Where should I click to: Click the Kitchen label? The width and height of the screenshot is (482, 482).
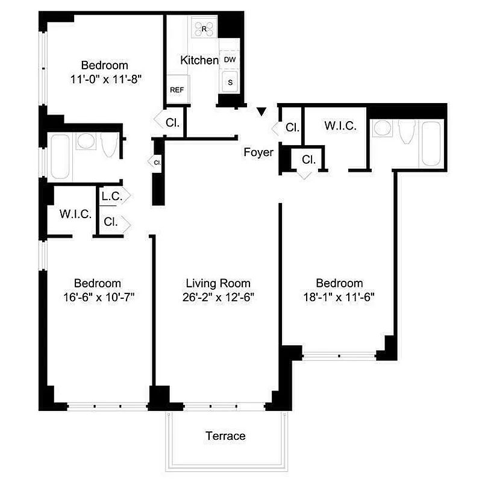(x=199, y=60)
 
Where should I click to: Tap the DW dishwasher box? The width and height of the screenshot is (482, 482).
(x=229, y=60)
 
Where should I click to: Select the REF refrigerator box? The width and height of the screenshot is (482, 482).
(x=177, y=90)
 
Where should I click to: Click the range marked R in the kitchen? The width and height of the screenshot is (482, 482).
(x=204, y=28)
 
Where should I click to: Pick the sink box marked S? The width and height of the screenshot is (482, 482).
(x=229, y=82)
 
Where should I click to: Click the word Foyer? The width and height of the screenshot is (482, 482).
(x=258, y=152)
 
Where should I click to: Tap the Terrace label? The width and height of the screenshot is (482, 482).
(x=225, y=436)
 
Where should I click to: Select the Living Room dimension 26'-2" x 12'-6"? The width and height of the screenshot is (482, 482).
(x=218, y=296)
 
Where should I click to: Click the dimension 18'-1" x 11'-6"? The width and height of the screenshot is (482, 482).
(x=340, y=296)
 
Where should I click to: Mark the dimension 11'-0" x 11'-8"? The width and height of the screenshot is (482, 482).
(x=105, y=78)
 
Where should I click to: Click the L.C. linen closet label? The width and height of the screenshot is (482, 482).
(x=111, y=196)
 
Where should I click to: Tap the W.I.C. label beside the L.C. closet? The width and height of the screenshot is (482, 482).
(x=75, y=214)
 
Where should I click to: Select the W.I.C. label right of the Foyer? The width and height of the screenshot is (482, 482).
(x=340, y=127)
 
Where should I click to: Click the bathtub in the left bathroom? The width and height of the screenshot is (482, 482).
(x=61, y=157)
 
